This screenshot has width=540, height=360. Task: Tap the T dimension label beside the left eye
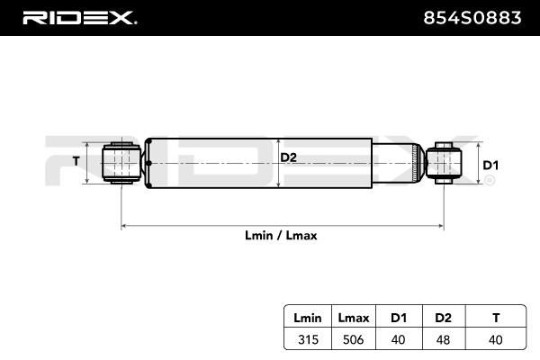(x=76, y=162)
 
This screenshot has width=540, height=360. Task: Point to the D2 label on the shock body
(x=288, y=158)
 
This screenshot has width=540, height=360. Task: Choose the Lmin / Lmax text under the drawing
(x=281, y=235)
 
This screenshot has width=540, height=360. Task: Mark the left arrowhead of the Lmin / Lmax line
(x=124, y=225)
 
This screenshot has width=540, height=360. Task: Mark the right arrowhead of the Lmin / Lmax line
(x=441, y=225)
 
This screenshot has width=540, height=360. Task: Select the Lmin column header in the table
(x=308, y=317)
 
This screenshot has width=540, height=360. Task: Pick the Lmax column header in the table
(x=354, y=317)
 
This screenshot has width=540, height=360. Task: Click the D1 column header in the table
(x=400, y=317)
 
